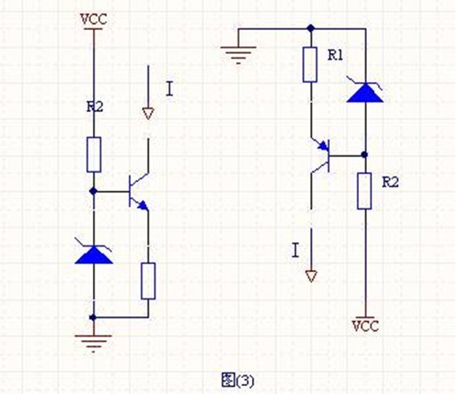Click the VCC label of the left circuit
pyautogui.click(x=94, y=19)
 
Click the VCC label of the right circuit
pyautogui.click(x=365, y=326)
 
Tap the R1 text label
pyautogui.click(x=336, y=55)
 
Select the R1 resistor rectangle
pyautogui.click(x=310, y=64)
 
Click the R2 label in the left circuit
pyautogui.click(x=95, y=107)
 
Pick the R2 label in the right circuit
pyautogui.click(x=391, y=183)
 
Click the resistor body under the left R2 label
pyautogui.click(x=94, y=155)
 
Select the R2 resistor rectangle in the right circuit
pyautogui.click(x=364, y=192)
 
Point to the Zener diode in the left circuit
pyautogui.click(x=94, y=253)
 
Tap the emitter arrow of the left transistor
pyautogui.click(x=142, y=205)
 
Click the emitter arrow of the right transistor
pyautogui.click(x=324, y=145)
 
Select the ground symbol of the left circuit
pyautogui.click(x=94, y=343)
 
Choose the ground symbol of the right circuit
pyautogui.click(x=239, y=55)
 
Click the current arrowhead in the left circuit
pyautogui.click(x=149, y=114)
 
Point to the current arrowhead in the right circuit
pyautogui.click(x=311, y=277)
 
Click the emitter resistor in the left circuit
pyautogui.click(x=149, y=281)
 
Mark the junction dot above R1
pyautogui.click(x=310, y=28)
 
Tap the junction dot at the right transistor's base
pyautogui.click(x=364, y=155)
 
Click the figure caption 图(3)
pyautogui.click(x=238, y=380)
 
